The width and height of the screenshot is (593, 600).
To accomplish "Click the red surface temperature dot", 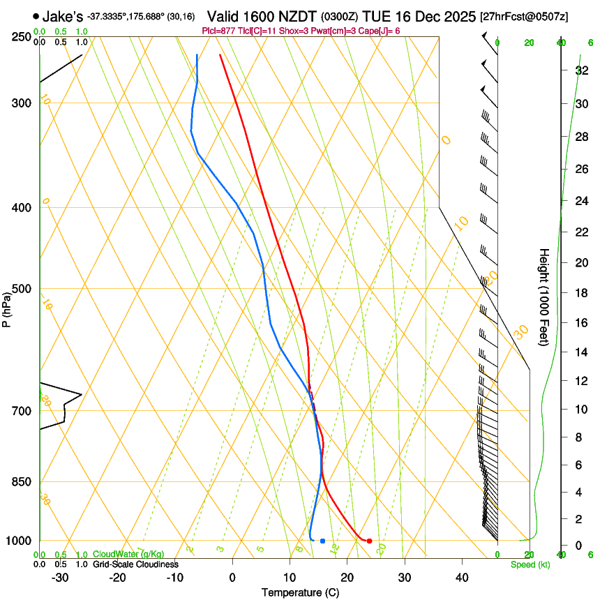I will click(369, 541).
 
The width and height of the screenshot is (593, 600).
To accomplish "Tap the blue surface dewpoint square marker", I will click(322, 541).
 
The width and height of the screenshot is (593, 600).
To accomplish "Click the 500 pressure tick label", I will click(22, 289).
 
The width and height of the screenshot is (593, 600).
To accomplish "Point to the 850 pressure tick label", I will click(22, 482).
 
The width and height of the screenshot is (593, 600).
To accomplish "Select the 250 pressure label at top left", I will click(22, 37).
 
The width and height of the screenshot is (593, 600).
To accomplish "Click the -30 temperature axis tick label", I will click(60, 578).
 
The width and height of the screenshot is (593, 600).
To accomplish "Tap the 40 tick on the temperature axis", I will click(461, 578).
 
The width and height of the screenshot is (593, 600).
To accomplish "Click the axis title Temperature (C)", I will click(300, 592).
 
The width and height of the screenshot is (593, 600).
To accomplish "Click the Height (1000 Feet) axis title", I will click(544, 297).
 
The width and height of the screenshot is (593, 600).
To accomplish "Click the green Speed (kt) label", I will click(530, 564).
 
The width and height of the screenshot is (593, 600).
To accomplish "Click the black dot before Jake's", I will click(36, 16).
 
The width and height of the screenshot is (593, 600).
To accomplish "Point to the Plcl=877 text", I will click(220, 31).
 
